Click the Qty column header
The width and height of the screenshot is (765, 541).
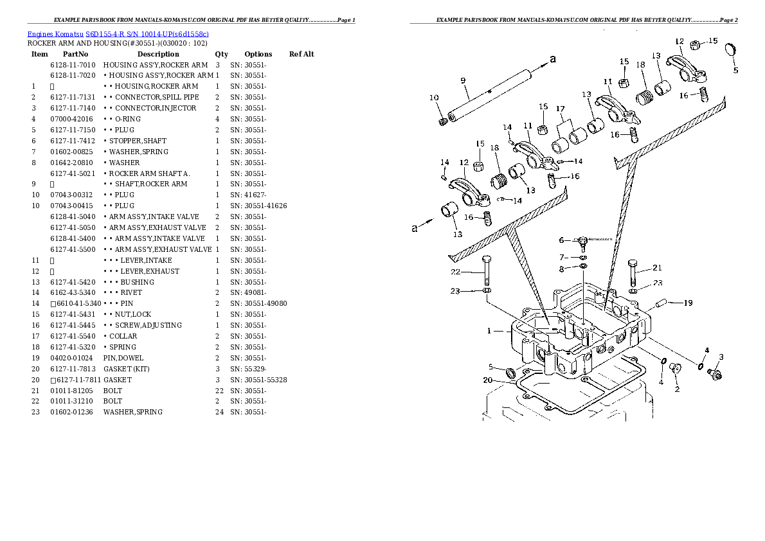coord(221,54)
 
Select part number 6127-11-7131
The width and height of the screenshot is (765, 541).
coord(73,97)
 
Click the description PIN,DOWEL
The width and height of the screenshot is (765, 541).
coord(123,358)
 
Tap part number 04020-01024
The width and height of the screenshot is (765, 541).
coord(73,358)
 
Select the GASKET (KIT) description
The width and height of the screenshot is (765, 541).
coord(127,369)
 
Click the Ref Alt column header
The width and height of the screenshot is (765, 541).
coord(301,54)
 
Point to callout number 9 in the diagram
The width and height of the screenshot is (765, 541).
coord(463,80)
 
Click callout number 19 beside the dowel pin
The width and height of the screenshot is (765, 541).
coord(687,303)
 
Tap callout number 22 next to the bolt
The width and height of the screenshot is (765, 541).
coord(456,272)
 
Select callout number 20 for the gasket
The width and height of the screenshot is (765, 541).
coord(487,380)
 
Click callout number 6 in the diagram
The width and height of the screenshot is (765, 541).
coord(561,240)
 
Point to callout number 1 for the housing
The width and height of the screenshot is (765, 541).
coord(489,331)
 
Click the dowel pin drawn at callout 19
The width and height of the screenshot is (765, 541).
coord(662,302)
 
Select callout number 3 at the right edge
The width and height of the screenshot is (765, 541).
coord(721,357)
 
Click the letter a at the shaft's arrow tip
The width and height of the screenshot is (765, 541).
coord(552,59)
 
